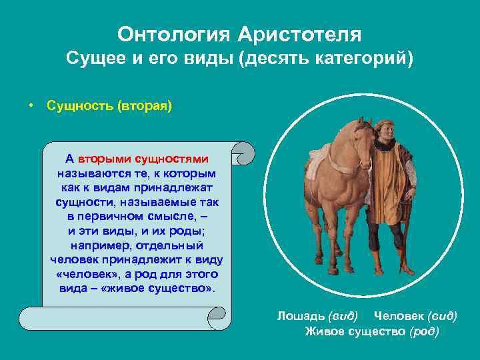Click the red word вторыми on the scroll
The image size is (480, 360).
(x=105, y=159)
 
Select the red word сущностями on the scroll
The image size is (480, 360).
(x=172, y=159)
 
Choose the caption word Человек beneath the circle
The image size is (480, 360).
(x=398, y=315)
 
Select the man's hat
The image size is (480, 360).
(x=387, y=125)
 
